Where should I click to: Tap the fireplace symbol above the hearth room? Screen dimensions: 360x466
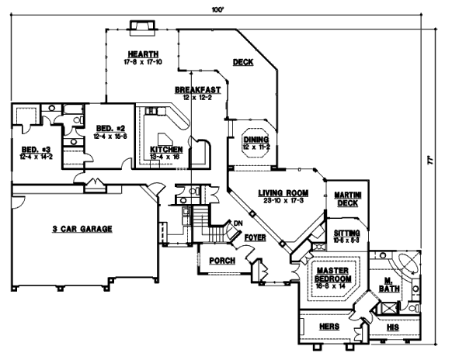point(141,28)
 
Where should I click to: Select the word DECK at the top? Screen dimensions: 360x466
point(243,63)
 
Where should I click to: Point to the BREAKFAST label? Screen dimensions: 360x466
point(198,89)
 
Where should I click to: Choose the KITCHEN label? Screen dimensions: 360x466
point(166,149)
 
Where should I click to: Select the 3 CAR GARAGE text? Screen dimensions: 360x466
point(82,229)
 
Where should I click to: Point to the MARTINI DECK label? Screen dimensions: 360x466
point(347,199)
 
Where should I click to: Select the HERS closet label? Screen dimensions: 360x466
point(329,327)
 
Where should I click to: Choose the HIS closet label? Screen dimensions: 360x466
point(392,327)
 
